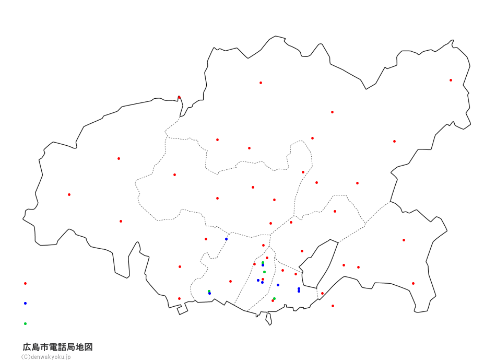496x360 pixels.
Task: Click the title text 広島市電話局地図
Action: pyautogui.click(x=57, y=347)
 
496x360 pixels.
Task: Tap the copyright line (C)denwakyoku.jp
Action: pyautogui.click(x=46, y=357)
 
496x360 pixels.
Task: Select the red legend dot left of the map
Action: pyautogui.click(x=25, y=283)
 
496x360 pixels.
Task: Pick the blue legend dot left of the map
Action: pyautogui.click(x=25, y=303)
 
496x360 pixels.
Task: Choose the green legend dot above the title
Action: pyautogui.click(x=25, y=323)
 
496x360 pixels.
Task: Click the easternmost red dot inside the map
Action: pyautogui.click(x=451, y=80)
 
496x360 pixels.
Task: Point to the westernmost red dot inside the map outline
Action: pyautogui.click(x=69, y=194)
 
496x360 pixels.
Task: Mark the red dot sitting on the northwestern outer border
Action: pyautogui.click(x=179, y=97)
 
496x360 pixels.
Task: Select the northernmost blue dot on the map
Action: pyautogui.click(x=226, y=239)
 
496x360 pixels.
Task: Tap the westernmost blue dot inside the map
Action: pyautogui.click(x=209, y=293)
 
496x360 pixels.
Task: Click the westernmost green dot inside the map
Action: pyautogui.click(x=209, y=291)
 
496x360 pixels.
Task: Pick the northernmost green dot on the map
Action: pyautogui.click(x=263, y=263)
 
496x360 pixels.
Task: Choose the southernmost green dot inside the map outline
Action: pyautogui.click(x=274, y=298)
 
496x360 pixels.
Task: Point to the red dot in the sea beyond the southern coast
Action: pyautogui.click(x=333, y=306)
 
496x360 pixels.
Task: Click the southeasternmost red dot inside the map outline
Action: pyautogui.click(x=413, y=283)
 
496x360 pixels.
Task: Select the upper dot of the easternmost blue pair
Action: pyautogui.click(x=299, y=288)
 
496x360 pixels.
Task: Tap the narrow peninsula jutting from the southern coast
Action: pyautogui.click(x=268, y=319)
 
